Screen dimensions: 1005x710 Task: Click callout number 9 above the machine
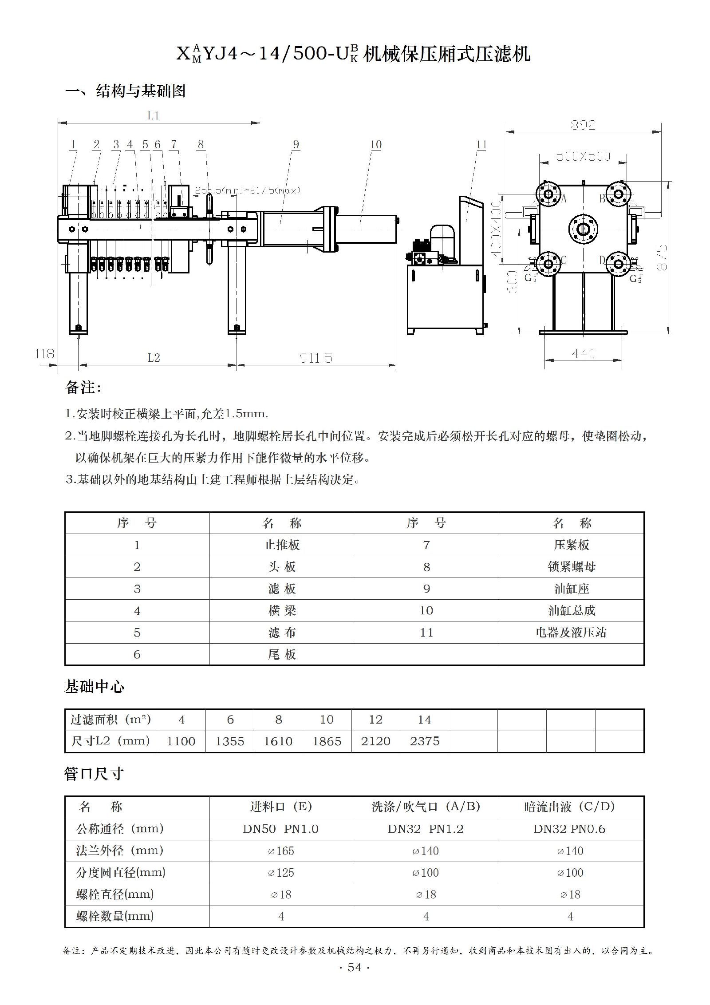click(296, 145)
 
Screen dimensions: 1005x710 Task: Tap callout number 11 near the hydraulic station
click(481, 145)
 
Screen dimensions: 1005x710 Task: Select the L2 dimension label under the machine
click(154, 357)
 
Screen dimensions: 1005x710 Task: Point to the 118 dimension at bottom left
click(44, 353)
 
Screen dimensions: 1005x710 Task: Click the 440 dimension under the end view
click(583, 353)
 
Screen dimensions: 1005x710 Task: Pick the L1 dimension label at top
click(153, 116)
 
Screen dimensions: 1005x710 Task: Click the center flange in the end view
click(583, 229)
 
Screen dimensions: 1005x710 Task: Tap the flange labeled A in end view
click(548, 194)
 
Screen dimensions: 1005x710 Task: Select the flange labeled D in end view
click(618, 264)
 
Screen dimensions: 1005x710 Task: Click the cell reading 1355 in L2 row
click(230, 741)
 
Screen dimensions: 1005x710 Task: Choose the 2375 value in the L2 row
click(425, 741)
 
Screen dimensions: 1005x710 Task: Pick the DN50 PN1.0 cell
click(281, 829)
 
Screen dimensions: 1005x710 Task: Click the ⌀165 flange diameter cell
click(281, 851)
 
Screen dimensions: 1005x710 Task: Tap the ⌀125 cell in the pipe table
click(281, 873)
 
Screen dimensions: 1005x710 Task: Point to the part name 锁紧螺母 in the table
click(572, 567)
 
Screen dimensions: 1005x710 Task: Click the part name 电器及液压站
click(571, 633)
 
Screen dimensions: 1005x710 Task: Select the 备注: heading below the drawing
click(83, 388)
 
